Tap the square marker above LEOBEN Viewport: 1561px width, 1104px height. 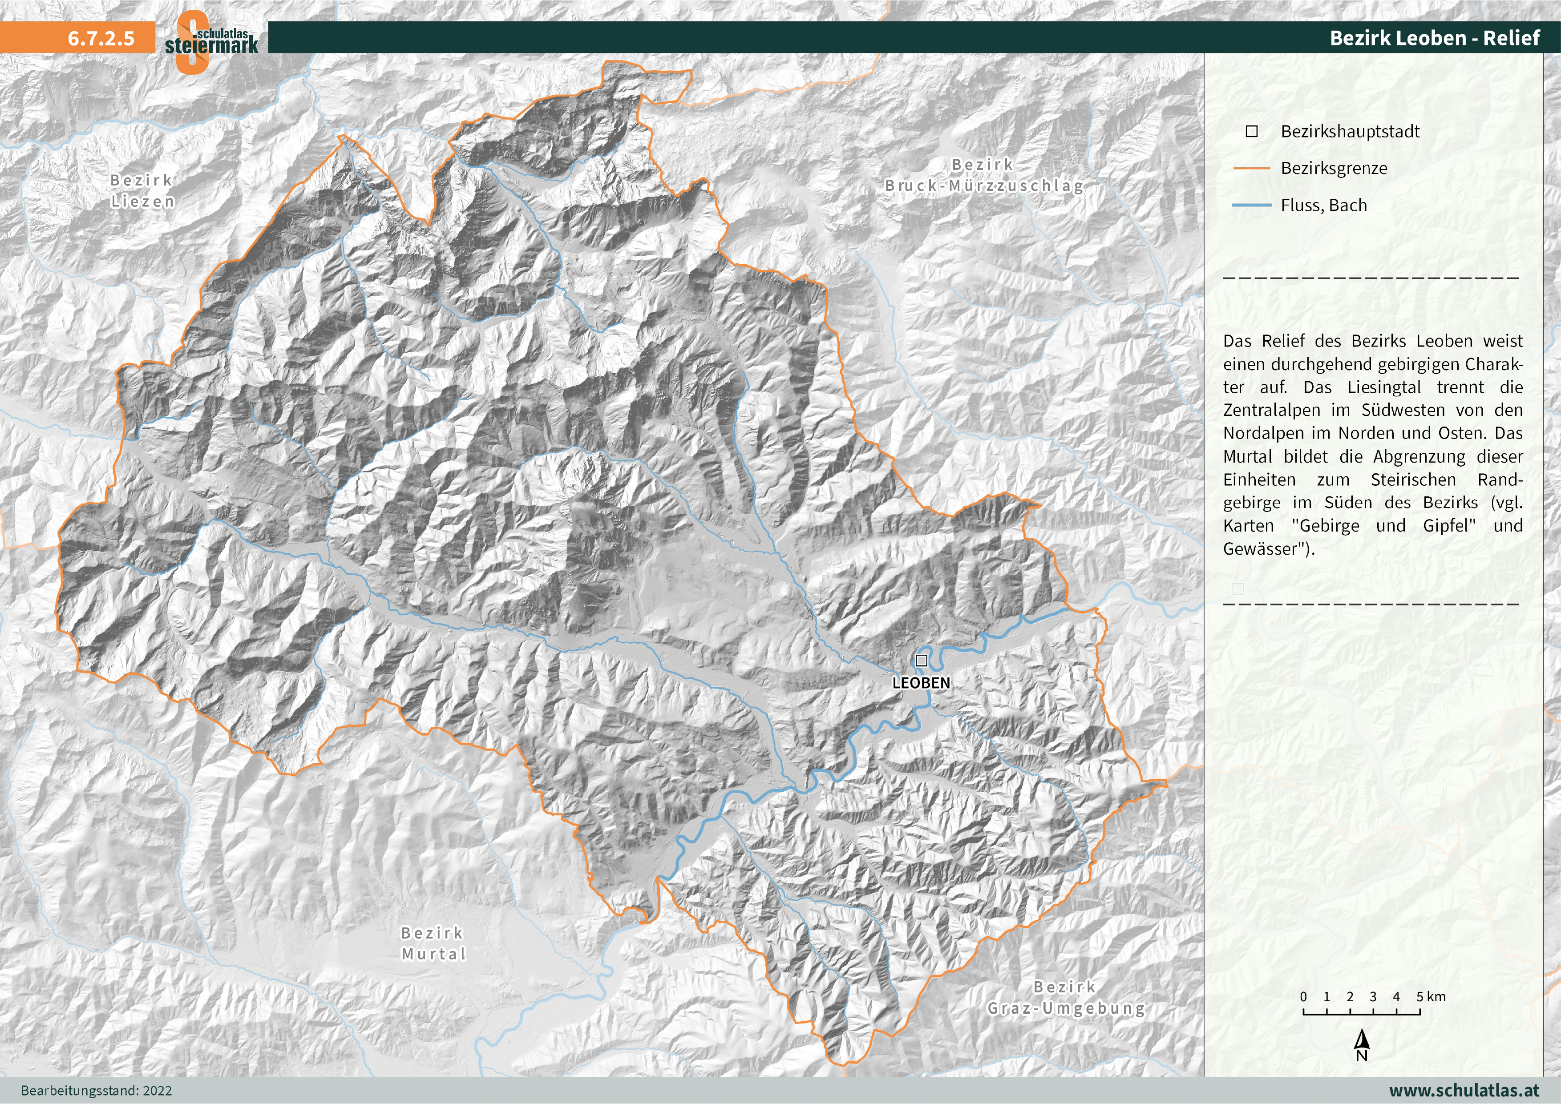click(921, 660)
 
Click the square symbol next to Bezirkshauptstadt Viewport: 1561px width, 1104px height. click(1252, 131)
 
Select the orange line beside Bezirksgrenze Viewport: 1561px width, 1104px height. click(1251, 168)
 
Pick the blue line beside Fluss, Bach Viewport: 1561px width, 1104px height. click(1251, 205)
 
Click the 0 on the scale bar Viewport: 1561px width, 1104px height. click(1303, 997)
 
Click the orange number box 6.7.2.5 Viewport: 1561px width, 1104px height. click(101, 38)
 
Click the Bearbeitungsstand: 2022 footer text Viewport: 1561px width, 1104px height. click(96, 1090)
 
